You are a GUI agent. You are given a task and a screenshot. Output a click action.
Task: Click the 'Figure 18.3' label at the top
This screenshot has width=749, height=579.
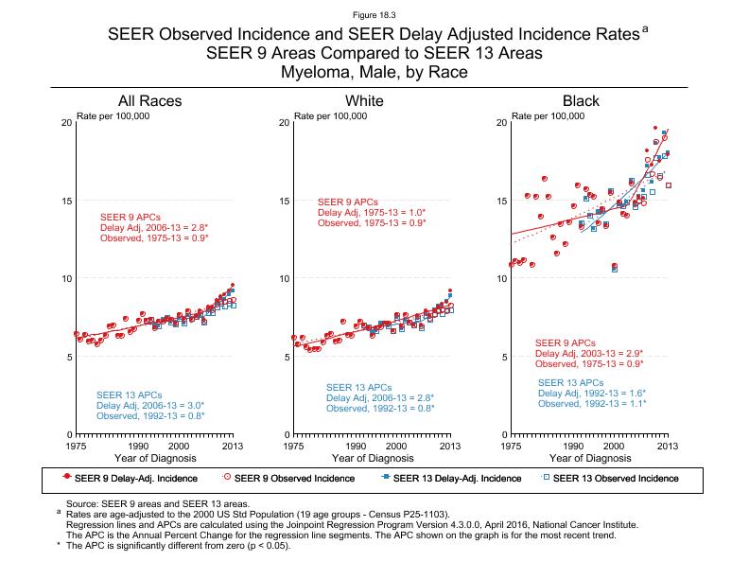tap(374, 16)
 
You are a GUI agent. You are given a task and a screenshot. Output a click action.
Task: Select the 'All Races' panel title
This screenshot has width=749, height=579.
tap(149, 101)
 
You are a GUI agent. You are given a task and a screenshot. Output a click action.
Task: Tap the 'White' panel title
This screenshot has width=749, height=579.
tap(364, 101)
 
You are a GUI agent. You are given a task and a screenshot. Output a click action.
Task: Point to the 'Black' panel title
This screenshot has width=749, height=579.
tap(581, 101)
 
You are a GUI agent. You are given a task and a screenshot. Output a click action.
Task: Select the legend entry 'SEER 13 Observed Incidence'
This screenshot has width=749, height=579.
tap(615, 478)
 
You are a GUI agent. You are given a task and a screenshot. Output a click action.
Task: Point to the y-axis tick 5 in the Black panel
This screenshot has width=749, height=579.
tap(502, 357)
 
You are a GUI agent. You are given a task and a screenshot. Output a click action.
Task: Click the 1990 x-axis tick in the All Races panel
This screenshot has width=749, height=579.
tap(138, 445)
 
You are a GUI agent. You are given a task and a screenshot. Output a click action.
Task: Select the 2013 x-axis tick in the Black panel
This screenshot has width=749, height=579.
tap(667, 445)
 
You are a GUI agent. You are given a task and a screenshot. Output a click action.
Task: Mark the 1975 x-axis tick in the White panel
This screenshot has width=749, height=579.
tap(294, 445)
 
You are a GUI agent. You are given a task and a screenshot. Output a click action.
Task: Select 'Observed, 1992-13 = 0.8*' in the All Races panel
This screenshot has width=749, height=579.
tap(150, 415)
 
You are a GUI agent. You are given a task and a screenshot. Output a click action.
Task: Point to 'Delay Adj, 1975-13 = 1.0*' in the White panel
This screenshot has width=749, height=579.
tap(372, 213)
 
